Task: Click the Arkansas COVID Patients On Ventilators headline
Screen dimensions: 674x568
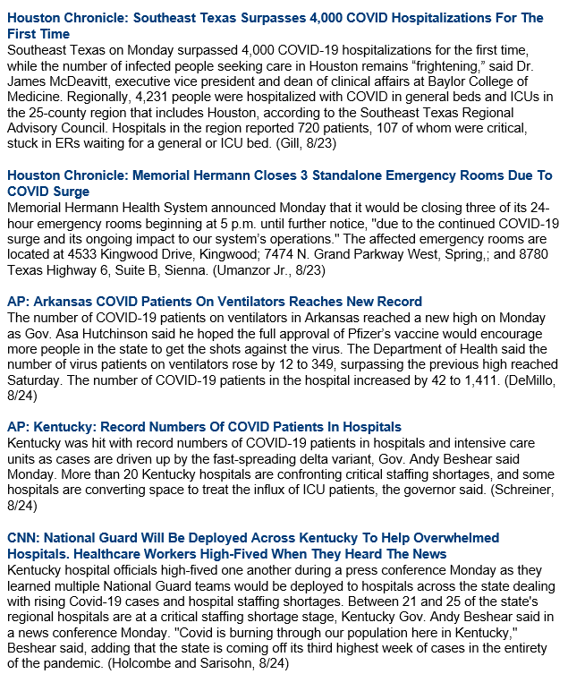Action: click(x=214, y=302)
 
